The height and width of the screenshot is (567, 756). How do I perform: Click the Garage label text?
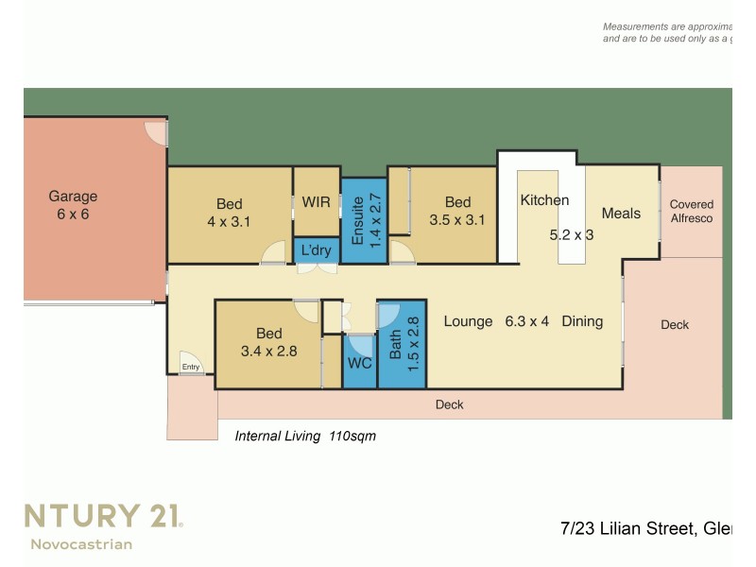point(73,197)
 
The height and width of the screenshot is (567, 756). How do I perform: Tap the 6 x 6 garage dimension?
point(73,215)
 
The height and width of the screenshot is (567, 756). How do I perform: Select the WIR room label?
point(316,202)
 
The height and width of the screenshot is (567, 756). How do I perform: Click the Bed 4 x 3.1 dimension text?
point(229,221)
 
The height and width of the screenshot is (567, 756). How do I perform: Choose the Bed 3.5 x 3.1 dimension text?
point(457,220)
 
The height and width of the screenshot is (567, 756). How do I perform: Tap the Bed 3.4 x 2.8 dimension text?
point(268,352)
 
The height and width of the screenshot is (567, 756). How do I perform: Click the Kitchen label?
point(544,200)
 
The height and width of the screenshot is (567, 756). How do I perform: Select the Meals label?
point(621,213)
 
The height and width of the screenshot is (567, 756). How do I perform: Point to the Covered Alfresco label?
point(691,211)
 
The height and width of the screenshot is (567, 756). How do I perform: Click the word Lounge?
point(468,321)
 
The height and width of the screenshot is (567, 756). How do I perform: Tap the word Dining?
point(582,321)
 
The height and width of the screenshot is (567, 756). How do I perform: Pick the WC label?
point(359,363)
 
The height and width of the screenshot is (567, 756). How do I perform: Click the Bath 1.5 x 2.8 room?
point(403,345)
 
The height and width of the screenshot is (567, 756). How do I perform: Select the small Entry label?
point(191,367)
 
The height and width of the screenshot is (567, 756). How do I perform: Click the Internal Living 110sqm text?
point(305,436)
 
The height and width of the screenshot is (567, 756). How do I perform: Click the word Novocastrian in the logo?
point(81,543)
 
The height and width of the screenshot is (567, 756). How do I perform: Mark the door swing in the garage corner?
point(155,131)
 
